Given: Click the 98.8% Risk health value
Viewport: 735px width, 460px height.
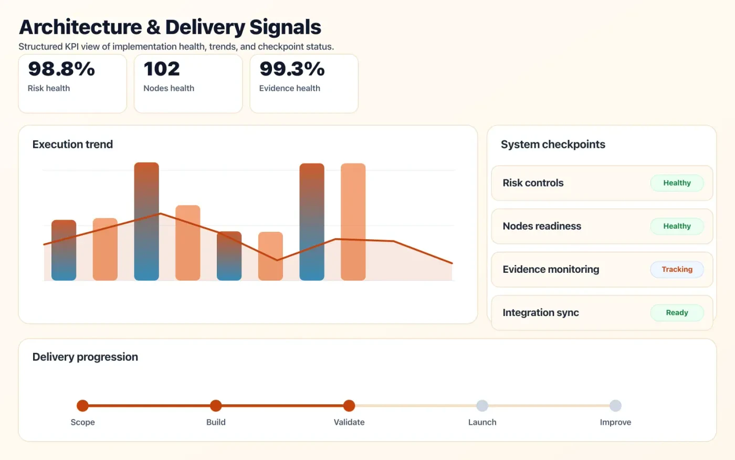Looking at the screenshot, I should coord(61,69).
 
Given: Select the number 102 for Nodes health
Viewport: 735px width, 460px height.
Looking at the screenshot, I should coord(162,69).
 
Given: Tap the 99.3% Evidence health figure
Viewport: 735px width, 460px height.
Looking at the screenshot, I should coord(292,69).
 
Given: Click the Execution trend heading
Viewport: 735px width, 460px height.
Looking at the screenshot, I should coord(72,144).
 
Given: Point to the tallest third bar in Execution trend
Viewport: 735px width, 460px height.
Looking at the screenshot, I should coord(146,221).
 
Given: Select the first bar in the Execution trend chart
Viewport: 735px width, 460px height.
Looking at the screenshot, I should coord(64,250).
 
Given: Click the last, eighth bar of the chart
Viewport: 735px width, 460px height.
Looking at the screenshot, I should coord(353,221).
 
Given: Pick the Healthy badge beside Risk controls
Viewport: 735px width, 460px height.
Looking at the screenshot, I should coord(677,183).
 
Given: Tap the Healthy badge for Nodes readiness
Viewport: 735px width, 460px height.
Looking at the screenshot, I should coord(677,226).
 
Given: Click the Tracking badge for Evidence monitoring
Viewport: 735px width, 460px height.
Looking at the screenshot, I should coord(677,269).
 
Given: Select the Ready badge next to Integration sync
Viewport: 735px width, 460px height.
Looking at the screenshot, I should coord(677,312).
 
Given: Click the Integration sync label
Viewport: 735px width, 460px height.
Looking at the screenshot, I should coord(541,313).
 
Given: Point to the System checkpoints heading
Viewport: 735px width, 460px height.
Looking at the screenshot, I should coord(553,144).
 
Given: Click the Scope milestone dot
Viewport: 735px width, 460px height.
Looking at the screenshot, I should coord(82,405).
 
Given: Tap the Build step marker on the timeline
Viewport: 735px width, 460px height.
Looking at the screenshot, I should coord(216,405).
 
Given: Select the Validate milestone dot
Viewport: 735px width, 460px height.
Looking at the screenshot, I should coord(349,405).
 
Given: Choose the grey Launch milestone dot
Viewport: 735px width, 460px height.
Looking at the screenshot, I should coord(482,405).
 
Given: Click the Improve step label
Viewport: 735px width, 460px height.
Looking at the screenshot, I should coord(615,422).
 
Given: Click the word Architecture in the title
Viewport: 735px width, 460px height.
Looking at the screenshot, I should coord(80,27).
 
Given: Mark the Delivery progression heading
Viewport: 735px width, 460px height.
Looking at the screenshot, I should coord(85,357).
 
